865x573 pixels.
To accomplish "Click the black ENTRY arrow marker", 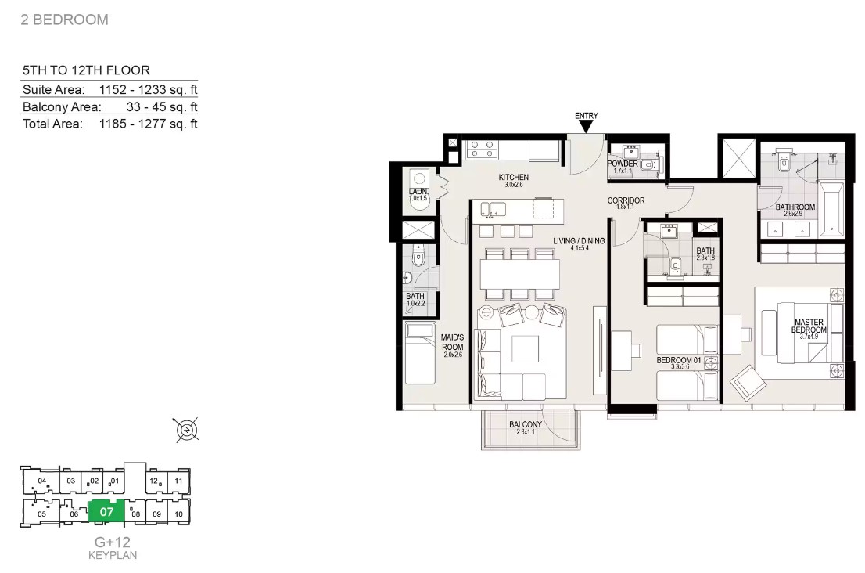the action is coord(586,127).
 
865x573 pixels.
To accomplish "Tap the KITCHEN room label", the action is coord(514,177).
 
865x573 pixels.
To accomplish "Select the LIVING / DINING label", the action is coord(579,240).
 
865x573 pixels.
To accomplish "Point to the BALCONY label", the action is coord(526,424).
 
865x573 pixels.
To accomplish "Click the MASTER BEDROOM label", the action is coord(809,326).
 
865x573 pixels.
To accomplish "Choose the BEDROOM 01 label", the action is coord(679,360).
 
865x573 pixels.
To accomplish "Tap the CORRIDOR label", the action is coord(626,200).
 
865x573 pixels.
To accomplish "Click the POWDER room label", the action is coord(623,164).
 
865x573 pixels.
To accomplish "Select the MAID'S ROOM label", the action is coord(452,342).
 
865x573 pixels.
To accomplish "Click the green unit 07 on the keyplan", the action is coord(106,512).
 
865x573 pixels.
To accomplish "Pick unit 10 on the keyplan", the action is coord(179,514).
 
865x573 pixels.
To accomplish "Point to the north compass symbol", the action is coord(187,430).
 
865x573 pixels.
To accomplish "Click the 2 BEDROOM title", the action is coord(65,20).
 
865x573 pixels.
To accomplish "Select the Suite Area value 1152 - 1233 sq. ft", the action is coord(148,89).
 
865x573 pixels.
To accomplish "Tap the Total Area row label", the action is coord(52,124).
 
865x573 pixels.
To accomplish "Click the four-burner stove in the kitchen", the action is coord(482,150).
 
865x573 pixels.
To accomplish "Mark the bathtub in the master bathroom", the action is coord(831,208).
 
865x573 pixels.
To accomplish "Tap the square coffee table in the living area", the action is coord(526,348).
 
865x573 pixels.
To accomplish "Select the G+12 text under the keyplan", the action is coord(113,542).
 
